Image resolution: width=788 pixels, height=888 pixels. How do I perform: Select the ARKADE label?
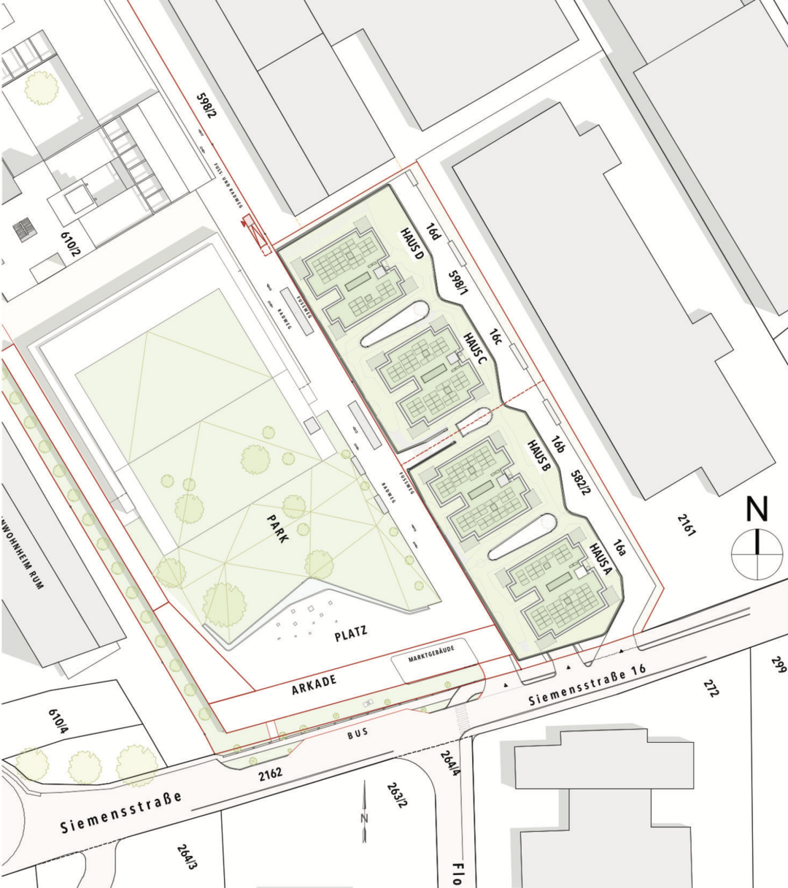tap(314, 682)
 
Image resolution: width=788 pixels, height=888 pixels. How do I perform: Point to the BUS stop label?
tap(358, 735)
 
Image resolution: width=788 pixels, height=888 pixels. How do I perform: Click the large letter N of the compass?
tap(757, 509)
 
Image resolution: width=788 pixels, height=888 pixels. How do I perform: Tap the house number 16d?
tap(434, 232)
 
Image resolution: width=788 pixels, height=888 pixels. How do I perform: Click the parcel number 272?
tap(710, 687)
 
